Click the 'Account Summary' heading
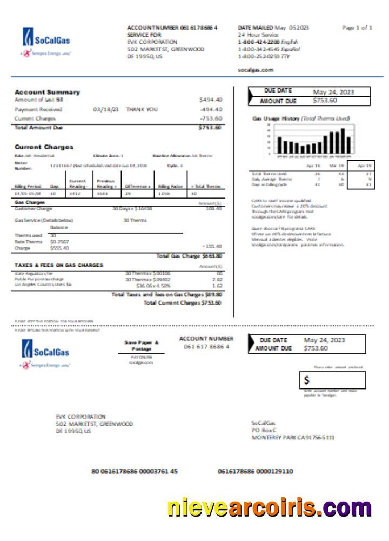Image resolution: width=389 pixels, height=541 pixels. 47,92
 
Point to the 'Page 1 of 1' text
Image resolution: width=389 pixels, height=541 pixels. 357,28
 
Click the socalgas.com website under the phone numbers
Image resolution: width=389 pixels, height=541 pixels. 256,70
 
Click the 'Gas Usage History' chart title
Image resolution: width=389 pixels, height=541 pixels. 301,118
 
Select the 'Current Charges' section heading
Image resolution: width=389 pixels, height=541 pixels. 44,147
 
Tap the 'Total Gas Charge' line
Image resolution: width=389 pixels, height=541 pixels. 189,256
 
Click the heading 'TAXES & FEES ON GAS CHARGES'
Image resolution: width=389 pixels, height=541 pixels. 58,265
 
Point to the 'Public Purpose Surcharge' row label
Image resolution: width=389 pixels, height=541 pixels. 39,279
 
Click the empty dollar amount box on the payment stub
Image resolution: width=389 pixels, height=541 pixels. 332,380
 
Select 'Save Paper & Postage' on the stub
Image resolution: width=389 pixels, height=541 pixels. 142,346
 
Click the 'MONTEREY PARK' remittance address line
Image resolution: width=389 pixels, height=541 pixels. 293,437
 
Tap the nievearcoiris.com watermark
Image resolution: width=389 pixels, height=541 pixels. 269,508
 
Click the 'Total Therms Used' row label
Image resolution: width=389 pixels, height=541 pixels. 265,174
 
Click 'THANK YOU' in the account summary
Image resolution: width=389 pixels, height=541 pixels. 142,109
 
